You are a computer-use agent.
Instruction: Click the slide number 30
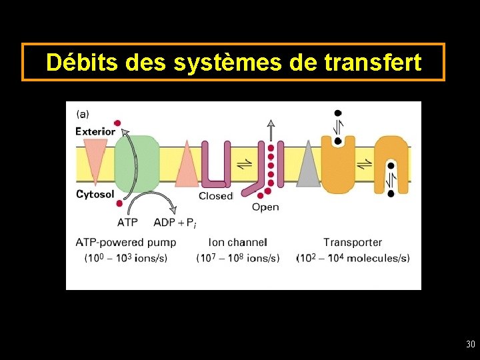click(471, 345)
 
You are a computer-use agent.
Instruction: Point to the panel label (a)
click(83, 114)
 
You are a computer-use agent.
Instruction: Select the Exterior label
click(95, 131)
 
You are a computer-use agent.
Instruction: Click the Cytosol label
click(95, 194)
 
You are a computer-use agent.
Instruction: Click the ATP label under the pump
click(129, 222)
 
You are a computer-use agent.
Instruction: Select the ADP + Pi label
click(174, 222)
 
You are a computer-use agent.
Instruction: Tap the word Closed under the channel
click(215, 196)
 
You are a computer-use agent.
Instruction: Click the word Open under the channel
click(265, 207)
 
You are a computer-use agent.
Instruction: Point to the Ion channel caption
click(238, 243)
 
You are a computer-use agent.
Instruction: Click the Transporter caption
click(353, 243)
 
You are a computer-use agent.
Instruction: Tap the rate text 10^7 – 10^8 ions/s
click(238, 258)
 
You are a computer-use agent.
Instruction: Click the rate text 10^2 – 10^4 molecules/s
click(353, 258)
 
